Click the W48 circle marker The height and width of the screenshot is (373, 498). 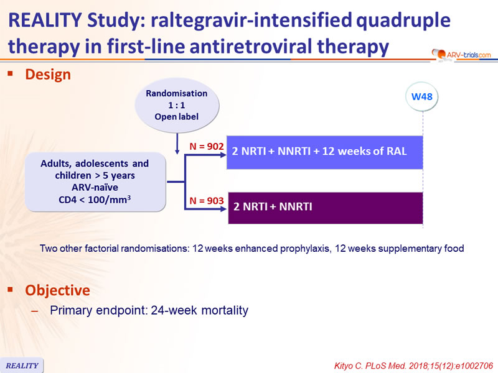point(422,96)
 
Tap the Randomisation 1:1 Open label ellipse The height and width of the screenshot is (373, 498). point(177,105)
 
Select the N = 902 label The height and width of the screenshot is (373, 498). point(207,146)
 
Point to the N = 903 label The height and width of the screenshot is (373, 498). point(207,201)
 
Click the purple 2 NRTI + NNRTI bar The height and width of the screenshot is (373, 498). point(326,208)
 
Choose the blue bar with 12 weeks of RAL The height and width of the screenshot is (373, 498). point(324,152)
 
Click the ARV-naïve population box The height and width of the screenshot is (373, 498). point(95,182)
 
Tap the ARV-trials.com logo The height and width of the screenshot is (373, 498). point(461,55)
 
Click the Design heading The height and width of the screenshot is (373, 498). point(48,75)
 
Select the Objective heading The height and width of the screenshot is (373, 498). point(57,290)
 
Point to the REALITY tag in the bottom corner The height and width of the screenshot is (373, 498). point(22,366)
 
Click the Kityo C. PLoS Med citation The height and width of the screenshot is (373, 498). point(413,366)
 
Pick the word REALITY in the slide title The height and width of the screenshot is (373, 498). point(45,20)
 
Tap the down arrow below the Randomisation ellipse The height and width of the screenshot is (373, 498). point(177,144)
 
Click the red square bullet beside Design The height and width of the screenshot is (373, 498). point(11,74)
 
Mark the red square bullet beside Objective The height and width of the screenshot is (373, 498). point(11,289)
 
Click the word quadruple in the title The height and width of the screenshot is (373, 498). point(403,21)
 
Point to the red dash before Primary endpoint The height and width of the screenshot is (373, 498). point(35,311)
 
